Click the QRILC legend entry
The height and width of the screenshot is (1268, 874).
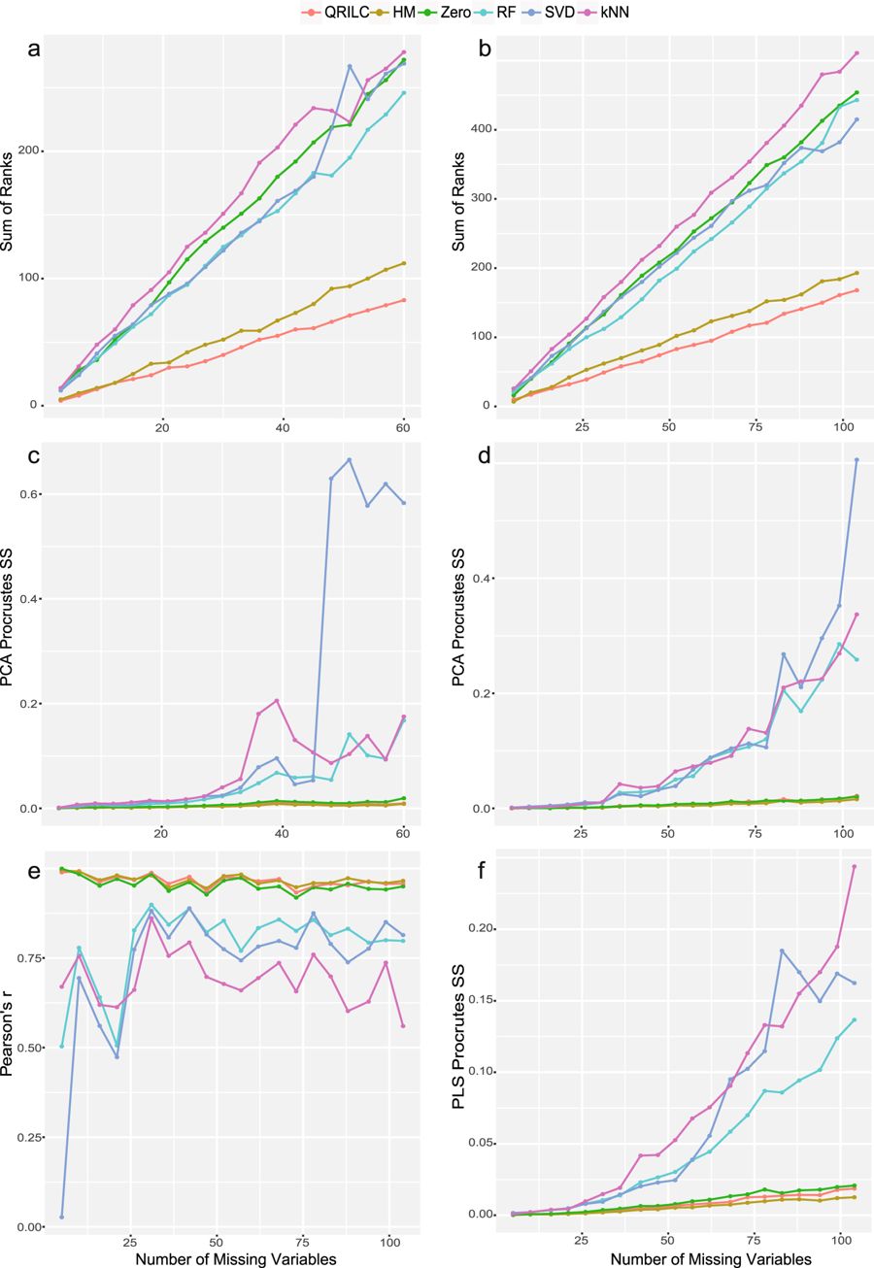(x=330, y=11)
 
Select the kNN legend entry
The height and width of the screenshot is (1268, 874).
(x=608, y=11)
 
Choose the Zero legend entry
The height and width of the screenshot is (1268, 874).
(x=453, y=11)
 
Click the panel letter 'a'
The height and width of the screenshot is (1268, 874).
(x=33, y=50)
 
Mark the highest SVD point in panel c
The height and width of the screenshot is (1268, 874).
(x=349, y=459)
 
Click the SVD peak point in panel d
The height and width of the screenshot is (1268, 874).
(x=857, y=459)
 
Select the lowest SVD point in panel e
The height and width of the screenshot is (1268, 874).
(x=62, y=1217)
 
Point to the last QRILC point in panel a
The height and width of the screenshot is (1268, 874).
(x=403, y=300)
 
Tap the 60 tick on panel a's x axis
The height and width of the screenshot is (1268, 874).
(x=403, y=426)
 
